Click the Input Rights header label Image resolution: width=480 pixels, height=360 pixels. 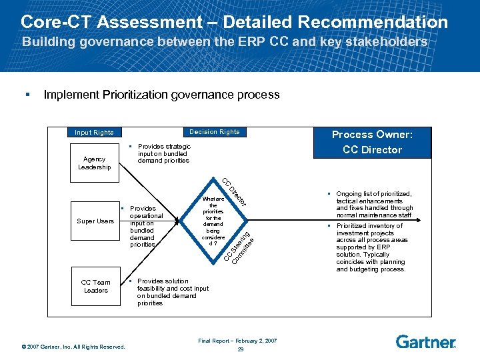[94, 132]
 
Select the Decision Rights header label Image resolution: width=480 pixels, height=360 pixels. [214, 132]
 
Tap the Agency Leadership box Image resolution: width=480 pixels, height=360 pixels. [94, 163]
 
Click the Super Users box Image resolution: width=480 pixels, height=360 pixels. [95, 221]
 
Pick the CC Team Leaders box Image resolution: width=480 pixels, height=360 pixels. [95, 286]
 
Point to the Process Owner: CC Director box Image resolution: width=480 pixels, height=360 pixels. [372, 142]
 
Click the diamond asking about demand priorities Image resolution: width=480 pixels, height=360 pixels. [213, 221]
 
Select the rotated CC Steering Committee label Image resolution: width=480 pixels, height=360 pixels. [238, 247]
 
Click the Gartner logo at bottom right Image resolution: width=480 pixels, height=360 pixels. [426, 342]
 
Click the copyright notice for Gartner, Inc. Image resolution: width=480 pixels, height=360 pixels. [73, 346]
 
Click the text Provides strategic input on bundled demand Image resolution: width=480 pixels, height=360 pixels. [163, 153]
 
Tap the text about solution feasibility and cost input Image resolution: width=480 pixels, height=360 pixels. [172, 292]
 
